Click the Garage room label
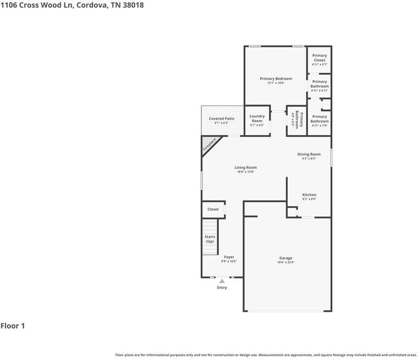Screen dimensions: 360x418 pyautogui.click(x=285, y=258)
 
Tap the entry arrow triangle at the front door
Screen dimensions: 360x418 pyautogui.click(x=222, y=281)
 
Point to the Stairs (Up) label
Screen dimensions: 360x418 pyautogui.click(x=210, y=239)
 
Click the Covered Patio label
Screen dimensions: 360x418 pyautogui.click(x=222, y=119)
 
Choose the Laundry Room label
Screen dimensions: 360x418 pyautogui.click(x=257, y=118)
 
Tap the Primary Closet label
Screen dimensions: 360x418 pyautogui.click(x=320, y=58)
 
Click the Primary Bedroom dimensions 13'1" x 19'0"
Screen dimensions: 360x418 pyautogui.click(x=276, y=84)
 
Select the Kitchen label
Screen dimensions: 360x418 pyautogui.click(x=309, y=195)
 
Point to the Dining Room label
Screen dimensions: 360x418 pyautogui.click(x=309, y=154)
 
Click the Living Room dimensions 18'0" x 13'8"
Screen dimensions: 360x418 pyautogui.click(x=246, y=172)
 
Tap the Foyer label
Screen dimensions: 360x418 pyautogui.click(x=229, y=257)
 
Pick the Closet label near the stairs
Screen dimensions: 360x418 pyautogui.click(x=213, y=209)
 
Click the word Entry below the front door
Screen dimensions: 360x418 pyautogui.click(x=222, y=287)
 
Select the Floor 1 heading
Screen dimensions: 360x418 pyautogui.click(x=13, y=326)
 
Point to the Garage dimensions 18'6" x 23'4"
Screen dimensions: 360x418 pyautogui.click(x=285, y=263)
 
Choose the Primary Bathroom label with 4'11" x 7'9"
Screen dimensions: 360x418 pyautogui.click(x=320, y=119)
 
